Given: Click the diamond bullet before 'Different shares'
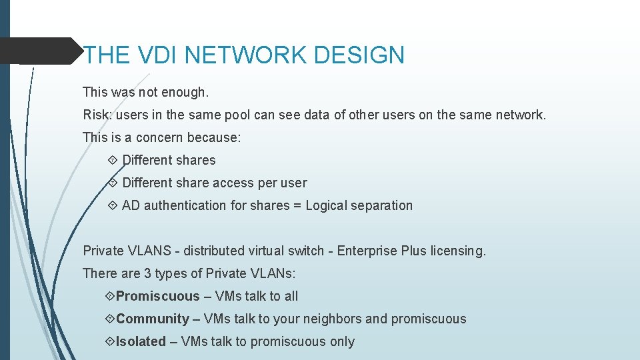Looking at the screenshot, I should [x=112, y=160].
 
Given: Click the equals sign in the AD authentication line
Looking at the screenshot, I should [x=297, y=205].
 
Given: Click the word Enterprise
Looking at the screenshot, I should [x=367, y=251].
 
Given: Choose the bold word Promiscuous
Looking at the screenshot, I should [x=157, y=296].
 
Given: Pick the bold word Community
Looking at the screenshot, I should [x=153, y=319].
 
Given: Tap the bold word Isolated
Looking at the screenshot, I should [x=141, y=341].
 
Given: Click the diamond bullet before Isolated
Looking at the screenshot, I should [x=110, y=341].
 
